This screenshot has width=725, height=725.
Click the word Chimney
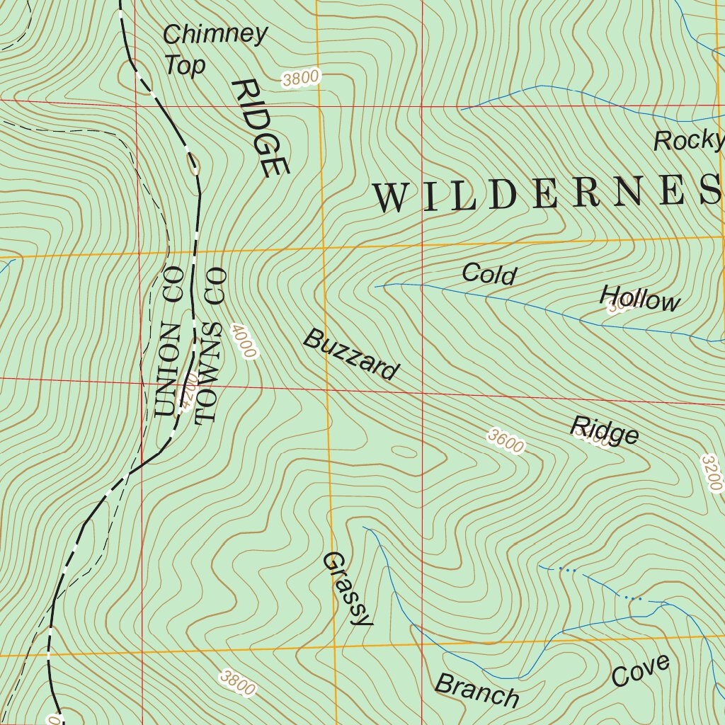(215, 34)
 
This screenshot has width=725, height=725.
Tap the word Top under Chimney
(185, 65)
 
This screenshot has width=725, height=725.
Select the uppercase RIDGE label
(260, 128)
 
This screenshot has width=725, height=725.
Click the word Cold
(489, 274)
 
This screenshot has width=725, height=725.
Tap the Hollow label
(640, 299)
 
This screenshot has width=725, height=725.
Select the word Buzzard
(351, 355)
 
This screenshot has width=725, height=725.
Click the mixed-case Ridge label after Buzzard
(605, 430)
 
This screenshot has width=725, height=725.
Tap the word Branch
(476, 690)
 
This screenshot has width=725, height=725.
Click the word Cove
(640, 670)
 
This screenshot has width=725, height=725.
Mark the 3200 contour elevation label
(712, 473)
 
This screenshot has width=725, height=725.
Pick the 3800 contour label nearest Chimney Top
(302, 78)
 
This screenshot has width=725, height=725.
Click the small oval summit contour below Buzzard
(404, 452)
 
